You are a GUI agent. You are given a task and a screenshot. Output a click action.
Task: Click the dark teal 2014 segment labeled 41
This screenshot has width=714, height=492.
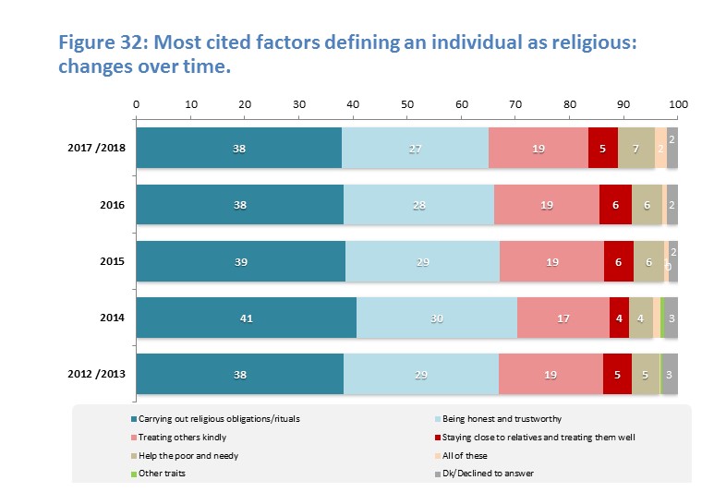point(246,318)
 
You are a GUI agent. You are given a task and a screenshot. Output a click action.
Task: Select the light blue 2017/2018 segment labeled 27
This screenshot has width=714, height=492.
point(415,148)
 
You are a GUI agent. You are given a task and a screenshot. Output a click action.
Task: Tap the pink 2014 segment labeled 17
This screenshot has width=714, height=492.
point(563,318)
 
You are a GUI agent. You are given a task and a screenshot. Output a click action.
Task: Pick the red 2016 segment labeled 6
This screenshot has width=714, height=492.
point(615,205)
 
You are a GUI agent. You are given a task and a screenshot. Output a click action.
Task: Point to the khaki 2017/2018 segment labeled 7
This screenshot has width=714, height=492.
point(636,148)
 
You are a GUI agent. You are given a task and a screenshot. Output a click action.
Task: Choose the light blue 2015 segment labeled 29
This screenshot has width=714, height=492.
point(422,261)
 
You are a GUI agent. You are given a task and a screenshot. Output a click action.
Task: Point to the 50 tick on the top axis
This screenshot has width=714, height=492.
point(407,104)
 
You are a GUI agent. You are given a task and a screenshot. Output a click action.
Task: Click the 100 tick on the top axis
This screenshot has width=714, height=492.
point(678,104)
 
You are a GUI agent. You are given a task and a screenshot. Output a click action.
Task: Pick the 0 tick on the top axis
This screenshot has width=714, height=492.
point(136,104)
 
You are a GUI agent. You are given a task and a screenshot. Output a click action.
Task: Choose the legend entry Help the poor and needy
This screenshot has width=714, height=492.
point(185,455)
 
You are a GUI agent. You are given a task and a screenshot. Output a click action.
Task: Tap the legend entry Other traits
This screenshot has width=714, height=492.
point(165,474)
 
